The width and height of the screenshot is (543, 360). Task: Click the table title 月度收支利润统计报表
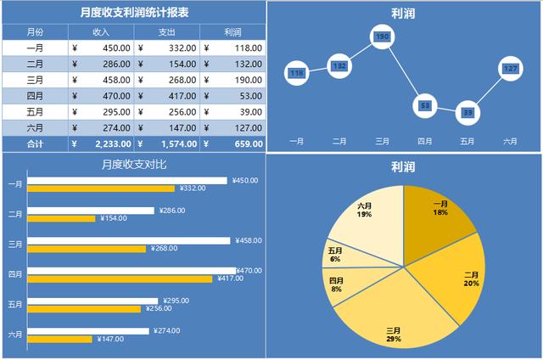coord(134,13)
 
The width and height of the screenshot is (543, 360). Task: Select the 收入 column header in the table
coord(100,32)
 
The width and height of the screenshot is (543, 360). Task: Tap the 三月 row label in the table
coord(36,79)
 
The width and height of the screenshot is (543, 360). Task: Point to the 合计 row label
coord(36,144)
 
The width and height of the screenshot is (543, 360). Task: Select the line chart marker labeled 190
coord(382,37)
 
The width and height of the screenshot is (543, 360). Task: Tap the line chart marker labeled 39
coord(467,112)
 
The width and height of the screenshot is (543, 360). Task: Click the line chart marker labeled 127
coord(510,68)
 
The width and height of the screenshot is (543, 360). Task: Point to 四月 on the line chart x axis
coord(424,141)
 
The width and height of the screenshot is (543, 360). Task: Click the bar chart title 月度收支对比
coord(134,165)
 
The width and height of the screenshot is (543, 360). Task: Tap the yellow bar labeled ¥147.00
coord(59,339)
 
